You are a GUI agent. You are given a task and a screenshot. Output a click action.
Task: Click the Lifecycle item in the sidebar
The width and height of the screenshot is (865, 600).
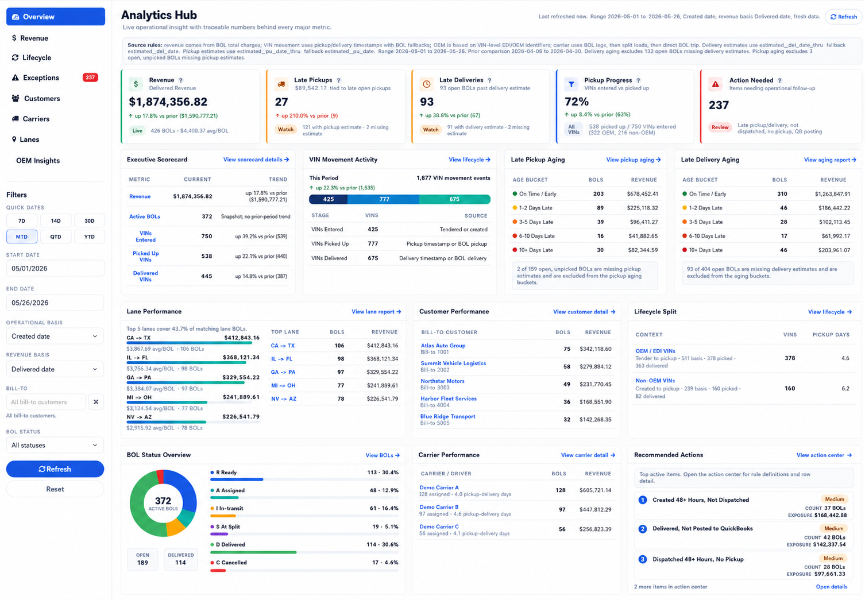[x=36, y=57]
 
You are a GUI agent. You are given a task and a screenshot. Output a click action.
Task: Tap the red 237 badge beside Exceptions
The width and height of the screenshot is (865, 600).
[x=90, y=78]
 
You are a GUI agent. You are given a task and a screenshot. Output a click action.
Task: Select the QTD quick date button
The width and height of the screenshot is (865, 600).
[x=56, y=237]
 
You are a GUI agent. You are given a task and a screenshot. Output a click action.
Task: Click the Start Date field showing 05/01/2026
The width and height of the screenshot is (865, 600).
[x=55, y=268]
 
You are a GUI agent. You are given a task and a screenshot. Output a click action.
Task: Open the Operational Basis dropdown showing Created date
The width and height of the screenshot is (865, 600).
[x=55, y=336]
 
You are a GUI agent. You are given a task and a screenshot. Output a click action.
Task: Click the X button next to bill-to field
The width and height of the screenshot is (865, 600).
[x=96, y=402]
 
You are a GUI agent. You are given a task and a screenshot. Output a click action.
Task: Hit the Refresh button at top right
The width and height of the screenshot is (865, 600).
[x=844, y=17]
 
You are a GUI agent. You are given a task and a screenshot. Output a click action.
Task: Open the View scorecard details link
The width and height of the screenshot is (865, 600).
[x=256, y=160]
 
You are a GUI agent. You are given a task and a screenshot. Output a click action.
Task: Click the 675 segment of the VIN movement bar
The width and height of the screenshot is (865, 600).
[x=454, y=199]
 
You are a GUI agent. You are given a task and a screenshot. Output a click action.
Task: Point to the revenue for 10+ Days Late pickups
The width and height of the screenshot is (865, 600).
[x=643, y=250]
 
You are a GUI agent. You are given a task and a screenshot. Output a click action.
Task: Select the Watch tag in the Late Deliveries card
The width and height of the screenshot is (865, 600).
[x=431, y=130]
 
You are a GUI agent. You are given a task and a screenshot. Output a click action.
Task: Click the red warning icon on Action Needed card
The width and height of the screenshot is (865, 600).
[x=715, y=84]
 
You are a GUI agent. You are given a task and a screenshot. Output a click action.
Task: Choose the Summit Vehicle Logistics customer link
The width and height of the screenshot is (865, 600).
[x=453, y=363]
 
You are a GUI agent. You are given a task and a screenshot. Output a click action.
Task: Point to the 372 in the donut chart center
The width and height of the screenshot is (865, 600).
[x=163, y=501]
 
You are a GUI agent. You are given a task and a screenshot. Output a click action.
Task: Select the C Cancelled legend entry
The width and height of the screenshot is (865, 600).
[x=229, y=563]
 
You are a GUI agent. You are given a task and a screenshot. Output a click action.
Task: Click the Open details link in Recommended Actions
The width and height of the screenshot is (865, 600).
[x=832, y=586]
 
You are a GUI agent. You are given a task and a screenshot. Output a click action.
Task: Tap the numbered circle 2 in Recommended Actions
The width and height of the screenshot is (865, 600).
[x=643, y=529]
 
